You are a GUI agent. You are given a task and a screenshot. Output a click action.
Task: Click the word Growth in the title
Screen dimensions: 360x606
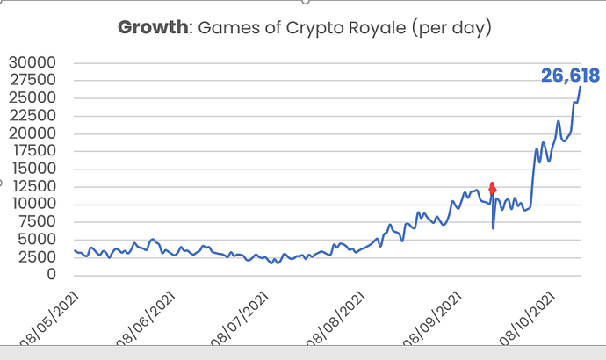click(152, 28)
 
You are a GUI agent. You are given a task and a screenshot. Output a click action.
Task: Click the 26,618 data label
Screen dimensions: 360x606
click(569, 76)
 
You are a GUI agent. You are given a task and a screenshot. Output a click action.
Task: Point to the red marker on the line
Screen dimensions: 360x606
click(493, 187)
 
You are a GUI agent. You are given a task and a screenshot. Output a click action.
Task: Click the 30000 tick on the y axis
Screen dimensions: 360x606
click(32, 63)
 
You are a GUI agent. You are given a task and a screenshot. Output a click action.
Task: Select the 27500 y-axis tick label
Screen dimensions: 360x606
click(32, 81)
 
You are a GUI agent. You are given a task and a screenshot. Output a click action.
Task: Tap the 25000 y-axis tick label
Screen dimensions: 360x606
click(32, 98)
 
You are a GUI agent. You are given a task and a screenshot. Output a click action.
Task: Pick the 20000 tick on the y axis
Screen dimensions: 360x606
click(32, 133)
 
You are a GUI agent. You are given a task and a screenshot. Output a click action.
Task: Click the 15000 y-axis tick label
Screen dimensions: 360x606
click(32, 169)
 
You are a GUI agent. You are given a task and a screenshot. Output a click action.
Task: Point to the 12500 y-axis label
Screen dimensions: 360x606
click(32, 186)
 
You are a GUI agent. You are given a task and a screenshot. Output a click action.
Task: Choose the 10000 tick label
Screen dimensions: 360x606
click(32, 204)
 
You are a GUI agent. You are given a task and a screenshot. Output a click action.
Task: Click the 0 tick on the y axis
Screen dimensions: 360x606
click(52, 275)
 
